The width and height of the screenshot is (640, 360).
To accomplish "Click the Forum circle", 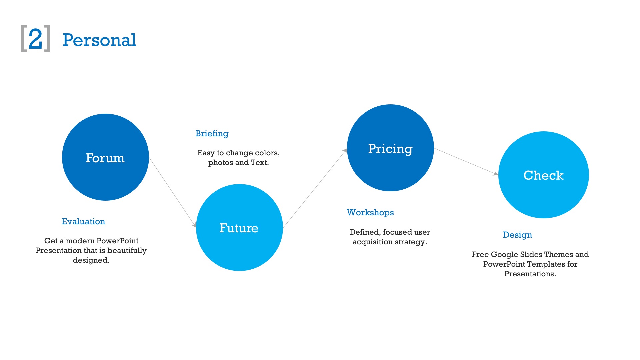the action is (105, 157).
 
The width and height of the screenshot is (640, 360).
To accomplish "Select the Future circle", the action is (239, 228).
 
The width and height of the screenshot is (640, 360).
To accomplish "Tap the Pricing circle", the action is (390, 148).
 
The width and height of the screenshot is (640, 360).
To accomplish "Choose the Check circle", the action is (544, 175).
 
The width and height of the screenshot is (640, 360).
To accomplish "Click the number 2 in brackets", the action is (36, 39).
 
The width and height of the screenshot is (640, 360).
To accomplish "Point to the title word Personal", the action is (99, 40).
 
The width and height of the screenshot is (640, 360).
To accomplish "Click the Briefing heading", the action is (212, 134).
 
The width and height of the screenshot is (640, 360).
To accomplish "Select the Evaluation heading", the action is (83, 221).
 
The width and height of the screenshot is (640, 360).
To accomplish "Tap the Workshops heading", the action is (370, 213).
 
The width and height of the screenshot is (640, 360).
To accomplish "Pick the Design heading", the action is (517, 235).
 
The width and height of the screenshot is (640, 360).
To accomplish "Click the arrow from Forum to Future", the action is (173, 193).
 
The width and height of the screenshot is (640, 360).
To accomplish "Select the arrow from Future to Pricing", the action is (315, 188).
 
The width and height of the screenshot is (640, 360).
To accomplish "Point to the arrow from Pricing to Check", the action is (466, 162).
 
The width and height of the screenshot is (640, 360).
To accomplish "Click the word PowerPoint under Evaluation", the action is (118, 241).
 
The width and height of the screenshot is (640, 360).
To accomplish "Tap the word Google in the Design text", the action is (504, 255).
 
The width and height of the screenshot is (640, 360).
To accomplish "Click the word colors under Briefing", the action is (267, 153).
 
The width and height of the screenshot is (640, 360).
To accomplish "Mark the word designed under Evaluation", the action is (91, 260).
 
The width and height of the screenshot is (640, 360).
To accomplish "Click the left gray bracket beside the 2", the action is (24, 38).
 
